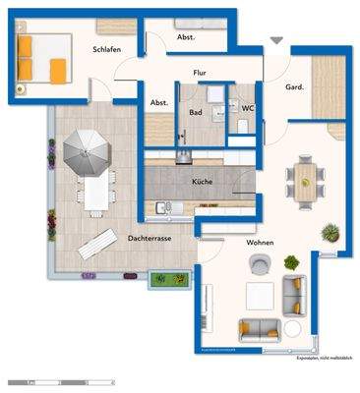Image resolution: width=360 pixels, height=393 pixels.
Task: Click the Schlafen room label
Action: point(107,48)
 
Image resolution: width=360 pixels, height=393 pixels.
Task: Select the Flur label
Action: point(200,72)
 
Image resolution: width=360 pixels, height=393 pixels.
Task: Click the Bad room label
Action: point(195,112)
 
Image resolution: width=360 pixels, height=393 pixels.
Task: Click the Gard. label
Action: point(294,86)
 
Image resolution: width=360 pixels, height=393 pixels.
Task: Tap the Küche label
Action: point(202,182)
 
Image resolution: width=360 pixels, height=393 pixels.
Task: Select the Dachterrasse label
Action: point(150,239)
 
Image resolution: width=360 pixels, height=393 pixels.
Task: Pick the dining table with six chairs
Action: point(307,181)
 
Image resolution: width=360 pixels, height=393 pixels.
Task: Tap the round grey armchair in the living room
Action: point(260,263)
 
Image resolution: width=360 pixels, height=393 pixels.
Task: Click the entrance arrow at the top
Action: point(275,40)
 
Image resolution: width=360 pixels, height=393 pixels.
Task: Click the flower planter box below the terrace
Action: point(170,279)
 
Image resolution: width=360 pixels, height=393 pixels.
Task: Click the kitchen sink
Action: point(163,206)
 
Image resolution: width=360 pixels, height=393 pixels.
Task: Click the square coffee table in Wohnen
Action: point(260,295)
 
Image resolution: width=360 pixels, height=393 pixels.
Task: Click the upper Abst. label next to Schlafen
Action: point(184,37)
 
